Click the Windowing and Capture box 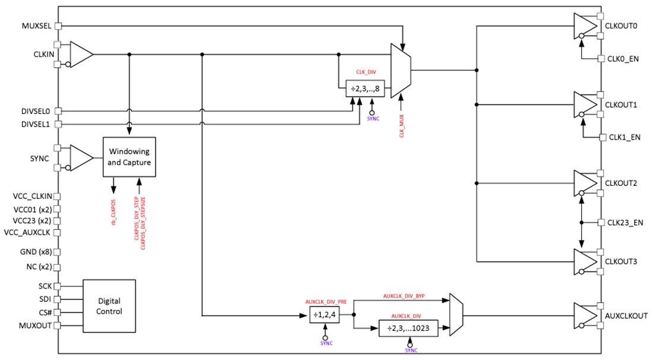point(129,156)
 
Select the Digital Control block point(109,306)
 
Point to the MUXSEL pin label point(36,26)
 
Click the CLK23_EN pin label point(626,223)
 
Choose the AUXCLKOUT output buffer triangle point(585,315)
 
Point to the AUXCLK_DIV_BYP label point(404,295)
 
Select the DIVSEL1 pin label point(35,124)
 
